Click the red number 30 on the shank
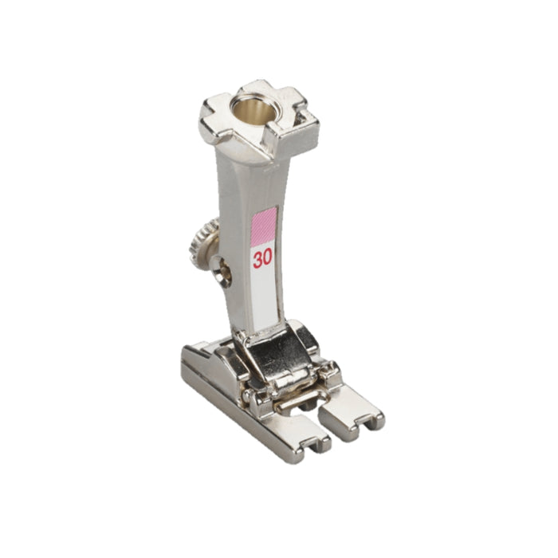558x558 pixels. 262,258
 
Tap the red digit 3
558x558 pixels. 257,259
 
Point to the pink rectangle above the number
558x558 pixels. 264,226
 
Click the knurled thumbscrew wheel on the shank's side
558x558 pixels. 200,242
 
